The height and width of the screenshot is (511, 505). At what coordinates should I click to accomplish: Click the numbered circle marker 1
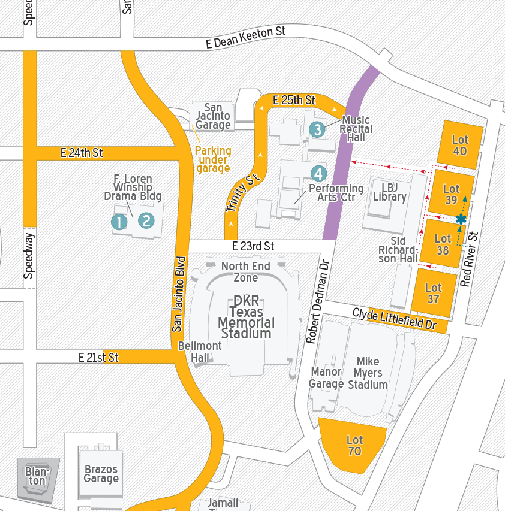(119, 222)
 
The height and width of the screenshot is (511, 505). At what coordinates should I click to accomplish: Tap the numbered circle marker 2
(146, 220)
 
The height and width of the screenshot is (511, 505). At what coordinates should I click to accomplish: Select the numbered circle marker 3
(317, 129)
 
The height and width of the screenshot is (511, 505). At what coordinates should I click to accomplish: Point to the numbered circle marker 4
(318, 174)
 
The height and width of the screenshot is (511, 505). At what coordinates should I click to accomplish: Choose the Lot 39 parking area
(451, 194)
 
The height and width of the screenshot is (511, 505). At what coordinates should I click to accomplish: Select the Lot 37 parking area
(433, 293)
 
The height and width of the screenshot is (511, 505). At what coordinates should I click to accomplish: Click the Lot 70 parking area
(354, 446)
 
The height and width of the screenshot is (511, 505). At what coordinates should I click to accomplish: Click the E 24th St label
(82, 153)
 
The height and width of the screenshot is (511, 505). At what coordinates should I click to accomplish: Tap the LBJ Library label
(389, 192)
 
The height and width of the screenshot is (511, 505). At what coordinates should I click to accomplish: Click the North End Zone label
(245, 271)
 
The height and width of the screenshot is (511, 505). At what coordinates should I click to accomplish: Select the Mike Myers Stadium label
(368, 373)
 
